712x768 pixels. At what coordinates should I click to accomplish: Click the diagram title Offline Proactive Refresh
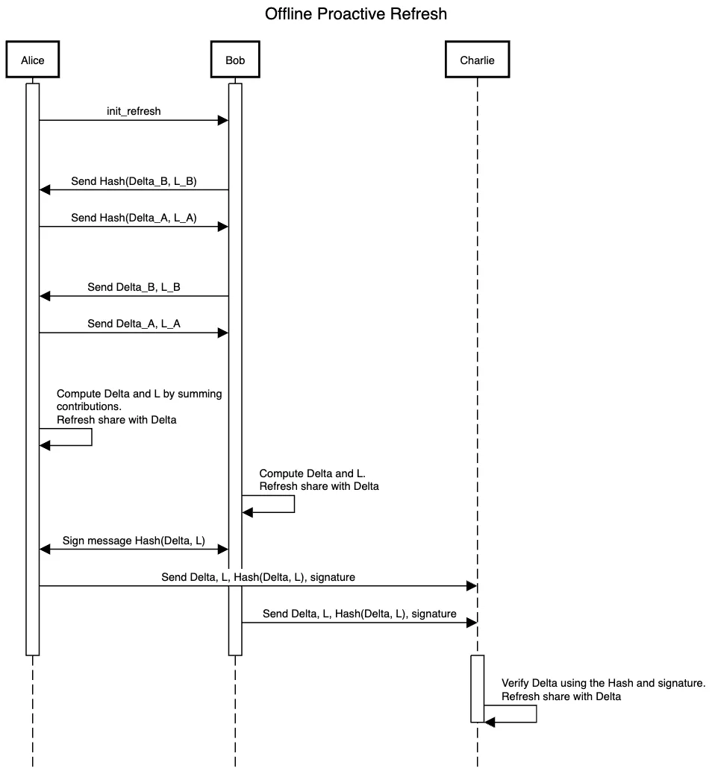click(356, 14)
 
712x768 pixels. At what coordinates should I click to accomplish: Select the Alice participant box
click(33, 60)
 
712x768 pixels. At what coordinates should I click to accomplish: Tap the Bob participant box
click(235, 60)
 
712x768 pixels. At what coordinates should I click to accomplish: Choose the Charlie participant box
click(477, 60)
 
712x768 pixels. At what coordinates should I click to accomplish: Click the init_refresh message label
click(134, 111)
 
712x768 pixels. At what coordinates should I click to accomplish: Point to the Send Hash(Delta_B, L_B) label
click(134, 180)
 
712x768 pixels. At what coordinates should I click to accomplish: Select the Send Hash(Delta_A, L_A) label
click(134, 218)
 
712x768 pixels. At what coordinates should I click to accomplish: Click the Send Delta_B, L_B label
click(134, 286)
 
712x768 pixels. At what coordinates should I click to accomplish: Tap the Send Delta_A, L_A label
click(134, 324)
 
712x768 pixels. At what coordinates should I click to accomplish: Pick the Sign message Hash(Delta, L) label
click(134, 541)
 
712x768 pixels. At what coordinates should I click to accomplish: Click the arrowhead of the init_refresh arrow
click(222, 120)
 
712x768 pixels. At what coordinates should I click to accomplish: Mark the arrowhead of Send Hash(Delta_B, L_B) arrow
click(45, 190)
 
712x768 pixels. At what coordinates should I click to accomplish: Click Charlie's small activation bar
click(477, 687)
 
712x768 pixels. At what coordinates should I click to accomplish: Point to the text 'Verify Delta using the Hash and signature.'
click(603, 682)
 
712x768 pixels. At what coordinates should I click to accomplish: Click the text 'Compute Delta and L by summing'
click(139, 394)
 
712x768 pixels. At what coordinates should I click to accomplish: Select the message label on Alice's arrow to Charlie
click(258, 577)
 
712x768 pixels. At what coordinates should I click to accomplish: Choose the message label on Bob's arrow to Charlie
click(359, 614)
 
